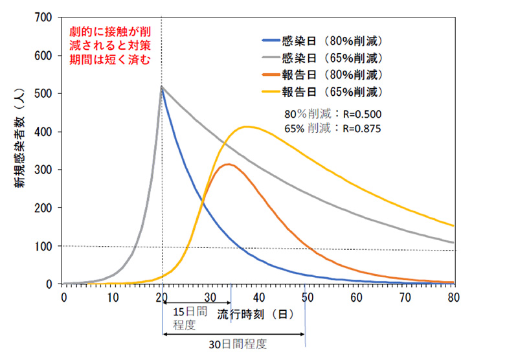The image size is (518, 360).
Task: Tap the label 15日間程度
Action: click(x=190, y=317)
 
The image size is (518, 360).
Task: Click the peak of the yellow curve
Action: click(x=245, y=127)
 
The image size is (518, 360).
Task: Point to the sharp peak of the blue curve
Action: click(x=162, y=87)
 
